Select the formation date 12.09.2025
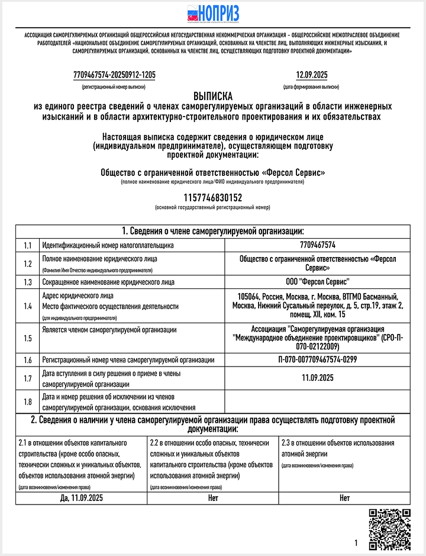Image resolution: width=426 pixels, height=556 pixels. pos(311,75)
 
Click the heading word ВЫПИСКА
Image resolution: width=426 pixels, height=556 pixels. pos(213,96)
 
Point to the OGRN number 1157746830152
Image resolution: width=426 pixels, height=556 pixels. pos(212,198)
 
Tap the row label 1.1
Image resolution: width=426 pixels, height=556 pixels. pos(27,245)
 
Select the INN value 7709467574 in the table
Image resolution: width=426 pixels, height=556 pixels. pos(318,245)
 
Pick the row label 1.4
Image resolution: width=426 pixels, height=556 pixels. pos(27,306)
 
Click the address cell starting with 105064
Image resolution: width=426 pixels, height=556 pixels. pos(318,306)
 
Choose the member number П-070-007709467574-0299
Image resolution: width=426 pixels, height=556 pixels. pos(318,359)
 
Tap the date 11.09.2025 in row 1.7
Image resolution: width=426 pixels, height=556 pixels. pos(318,378)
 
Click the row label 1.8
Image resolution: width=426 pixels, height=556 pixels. pos(27,402)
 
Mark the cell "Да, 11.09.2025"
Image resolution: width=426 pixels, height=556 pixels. pos(81,498)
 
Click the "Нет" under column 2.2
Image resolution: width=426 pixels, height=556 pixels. pos(213,498)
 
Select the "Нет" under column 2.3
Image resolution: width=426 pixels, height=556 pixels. pos(344,498)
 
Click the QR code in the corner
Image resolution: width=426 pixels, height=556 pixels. pos(389,529)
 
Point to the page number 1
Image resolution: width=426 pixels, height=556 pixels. pos(356,543)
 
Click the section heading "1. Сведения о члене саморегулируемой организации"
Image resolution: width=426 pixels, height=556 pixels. pos(213,231)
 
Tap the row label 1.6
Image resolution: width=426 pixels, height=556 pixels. pos(27,359)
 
